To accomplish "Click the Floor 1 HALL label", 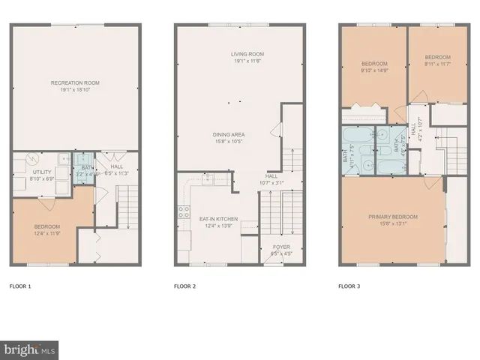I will pos(117,166).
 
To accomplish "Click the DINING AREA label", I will pos(228,134).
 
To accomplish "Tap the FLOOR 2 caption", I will pos(184,286).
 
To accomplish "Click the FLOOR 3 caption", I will pos(349,286).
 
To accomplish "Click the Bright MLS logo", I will pos(30,349).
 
